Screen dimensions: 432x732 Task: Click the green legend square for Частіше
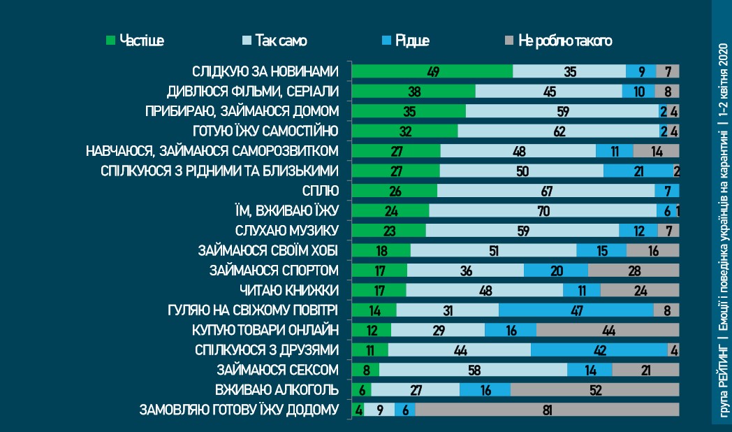coord(110,41)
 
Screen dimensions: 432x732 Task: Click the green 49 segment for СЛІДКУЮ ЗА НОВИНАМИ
coord(432,71)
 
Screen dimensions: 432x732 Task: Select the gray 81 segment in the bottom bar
coord(546,410)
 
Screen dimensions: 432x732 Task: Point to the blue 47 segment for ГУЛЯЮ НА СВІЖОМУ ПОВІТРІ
coord(576,310)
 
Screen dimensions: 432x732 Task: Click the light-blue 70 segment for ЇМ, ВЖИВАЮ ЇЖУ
coord(543,210)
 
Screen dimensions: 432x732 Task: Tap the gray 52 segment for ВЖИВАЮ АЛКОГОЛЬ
coord(594,390)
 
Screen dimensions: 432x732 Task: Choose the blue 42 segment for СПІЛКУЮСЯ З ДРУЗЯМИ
coord(599,350)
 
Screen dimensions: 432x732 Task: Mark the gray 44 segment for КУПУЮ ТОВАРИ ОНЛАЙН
coord(608,330)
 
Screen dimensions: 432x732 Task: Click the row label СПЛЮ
coord(323,191)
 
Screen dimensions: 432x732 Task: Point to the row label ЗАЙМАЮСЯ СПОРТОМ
coord(274,270)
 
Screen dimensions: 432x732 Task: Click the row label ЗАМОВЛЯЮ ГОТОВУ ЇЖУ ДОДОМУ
coord(240,410)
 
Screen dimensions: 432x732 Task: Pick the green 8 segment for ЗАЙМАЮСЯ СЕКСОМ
coord(365,370)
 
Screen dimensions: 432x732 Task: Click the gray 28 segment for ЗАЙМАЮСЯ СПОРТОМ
coord(634,271)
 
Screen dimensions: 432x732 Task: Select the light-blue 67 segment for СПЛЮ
coord(546,191)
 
